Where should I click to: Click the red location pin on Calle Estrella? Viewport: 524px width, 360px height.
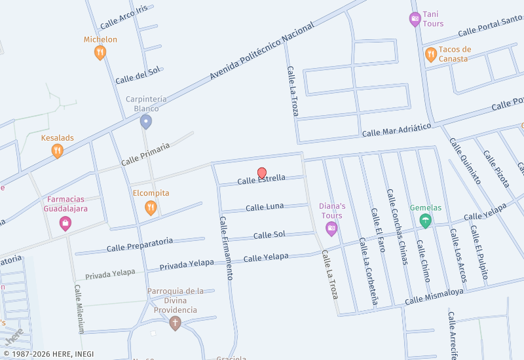[x=262, y=173]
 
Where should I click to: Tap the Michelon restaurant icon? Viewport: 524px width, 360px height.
[x=100, y=52]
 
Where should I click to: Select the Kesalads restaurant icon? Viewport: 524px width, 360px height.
[x=58, y=151]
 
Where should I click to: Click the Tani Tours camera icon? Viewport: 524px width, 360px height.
[x=415, y=19]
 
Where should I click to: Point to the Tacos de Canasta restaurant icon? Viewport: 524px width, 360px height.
[x=430, y=54]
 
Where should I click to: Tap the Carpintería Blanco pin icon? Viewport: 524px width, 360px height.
[x=146, y=122]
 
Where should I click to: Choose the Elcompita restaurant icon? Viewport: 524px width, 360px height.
[x=151, y=207]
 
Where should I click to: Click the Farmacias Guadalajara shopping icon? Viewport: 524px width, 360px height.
[x=65, y=224]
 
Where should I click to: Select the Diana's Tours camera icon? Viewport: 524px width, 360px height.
[x=331, y=229]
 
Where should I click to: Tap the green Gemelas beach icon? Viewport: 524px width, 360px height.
[x=426, y=221]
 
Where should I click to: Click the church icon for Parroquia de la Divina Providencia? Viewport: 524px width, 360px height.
[x=174, y=323]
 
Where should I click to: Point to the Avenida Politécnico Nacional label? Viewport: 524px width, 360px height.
[x=262, y=51]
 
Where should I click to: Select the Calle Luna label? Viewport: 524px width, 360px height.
[x=265, y=207]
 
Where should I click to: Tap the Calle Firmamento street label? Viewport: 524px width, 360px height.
[x=226, y=248]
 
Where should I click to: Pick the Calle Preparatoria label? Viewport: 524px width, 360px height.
[x=140, y=244]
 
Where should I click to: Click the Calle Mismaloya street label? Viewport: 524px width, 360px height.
[x=434, y=297]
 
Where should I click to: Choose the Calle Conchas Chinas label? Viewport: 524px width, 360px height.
[x=398, y=226]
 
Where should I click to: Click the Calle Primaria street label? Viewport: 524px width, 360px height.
[x=145, y=154]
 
